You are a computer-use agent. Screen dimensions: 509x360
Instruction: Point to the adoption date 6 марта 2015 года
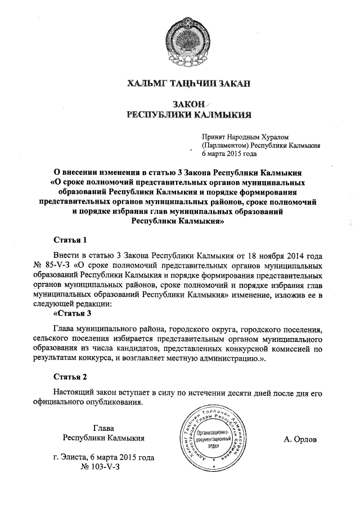pyautogui.click(x=229, y=153)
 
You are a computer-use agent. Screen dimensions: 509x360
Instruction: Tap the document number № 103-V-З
pyautogui.click(x=103, y=466)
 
